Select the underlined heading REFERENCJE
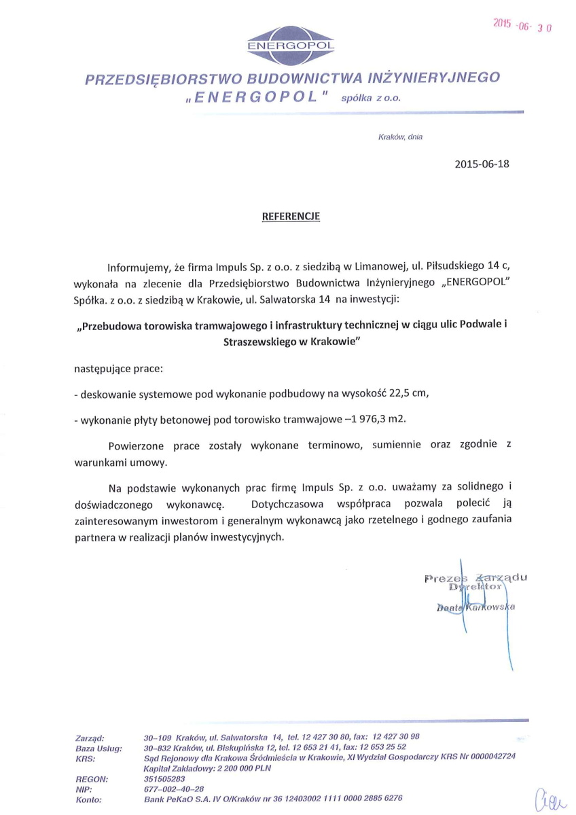tap(291, 217)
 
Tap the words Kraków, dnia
tap(400, 137)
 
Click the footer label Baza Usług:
tap(99, 746)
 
